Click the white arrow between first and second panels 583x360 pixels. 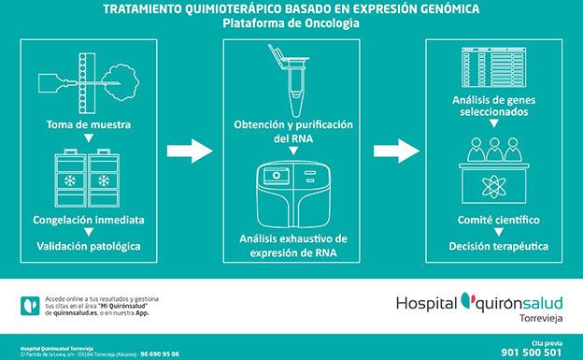(188, 149)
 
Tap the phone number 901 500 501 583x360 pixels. (535, 352)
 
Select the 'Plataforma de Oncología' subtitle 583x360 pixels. (290, 22)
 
